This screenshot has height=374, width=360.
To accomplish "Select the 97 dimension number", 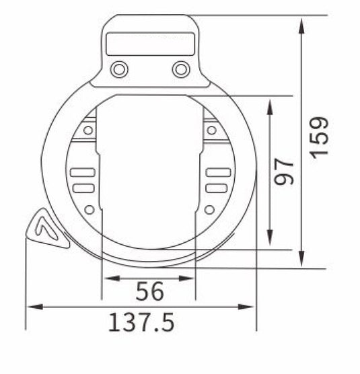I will pyautogui.click(x=285, y=172).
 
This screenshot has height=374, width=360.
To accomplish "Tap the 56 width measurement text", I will pyautogui.click(x=149, y=292).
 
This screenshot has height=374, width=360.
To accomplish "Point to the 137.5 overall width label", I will pyautogui.click(x=141, y=322).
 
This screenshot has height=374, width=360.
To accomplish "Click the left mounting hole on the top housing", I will pyautogui.click(x=120, y=69).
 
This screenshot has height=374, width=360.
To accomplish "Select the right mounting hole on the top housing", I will pyautogui.click(x=180, y=69).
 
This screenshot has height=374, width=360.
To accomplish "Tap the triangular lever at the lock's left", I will pyautogui.click(x=45, y=229).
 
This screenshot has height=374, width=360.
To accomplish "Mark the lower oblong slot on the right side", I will pyautogui.click(x=217, y=187).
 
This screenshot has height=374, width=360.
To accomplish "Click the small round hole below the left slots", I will pyautogui.click(x=89, y=210).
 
